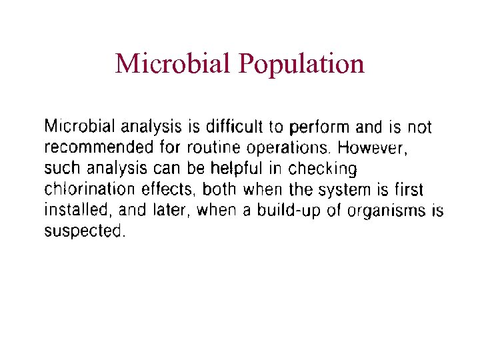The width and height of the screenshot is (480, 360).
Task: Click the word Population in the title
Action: tap(301, 64)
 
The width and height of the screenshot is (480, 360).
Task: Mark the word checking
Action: tap(323, 169)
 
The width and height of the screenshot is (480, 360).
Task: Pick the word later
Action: tap(165, 211)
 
